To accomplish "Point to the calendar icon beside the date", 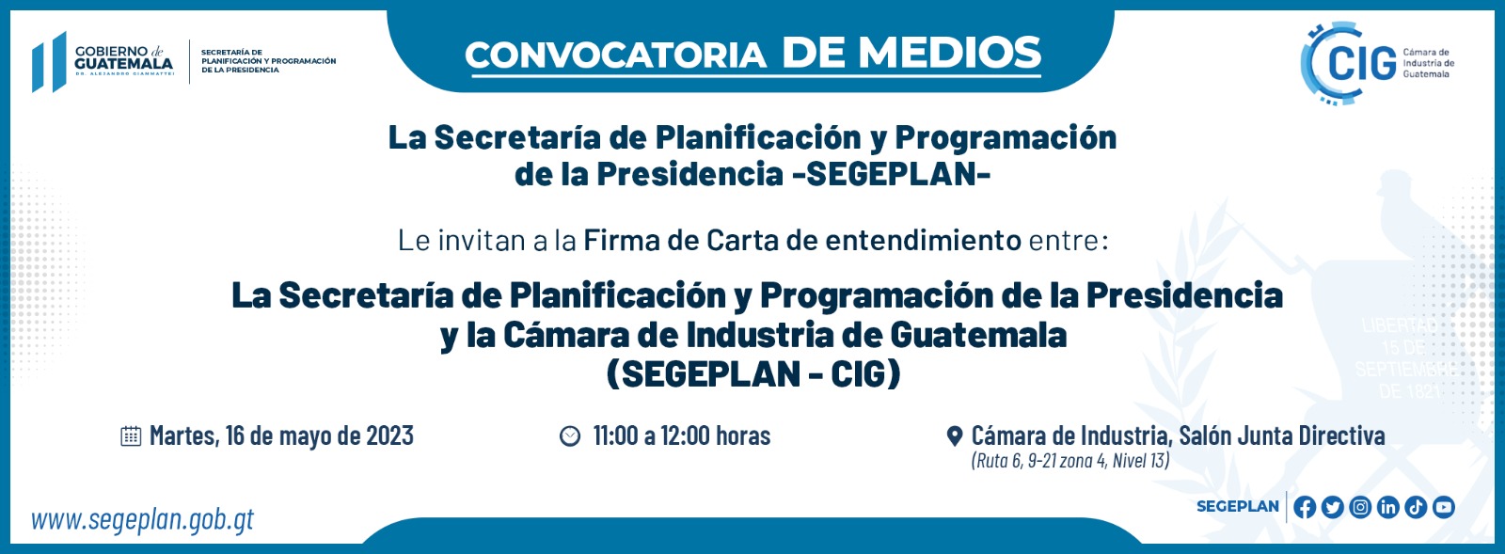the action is coord(131,436).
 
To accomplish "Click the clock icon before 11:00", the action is coord(570,436).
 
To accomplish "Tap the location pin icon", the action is coord(954,436).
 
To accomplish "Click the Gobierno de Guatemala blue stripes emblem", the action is coord(49,62).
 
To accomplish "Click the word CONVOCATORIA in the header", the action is coord(615,55).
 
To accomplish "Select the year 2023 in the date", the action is coord(389,435).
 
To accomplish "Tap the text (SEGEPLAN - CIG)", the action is coord(753,374).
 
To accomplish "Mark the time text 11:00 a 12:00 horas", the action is coord(681,435).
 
